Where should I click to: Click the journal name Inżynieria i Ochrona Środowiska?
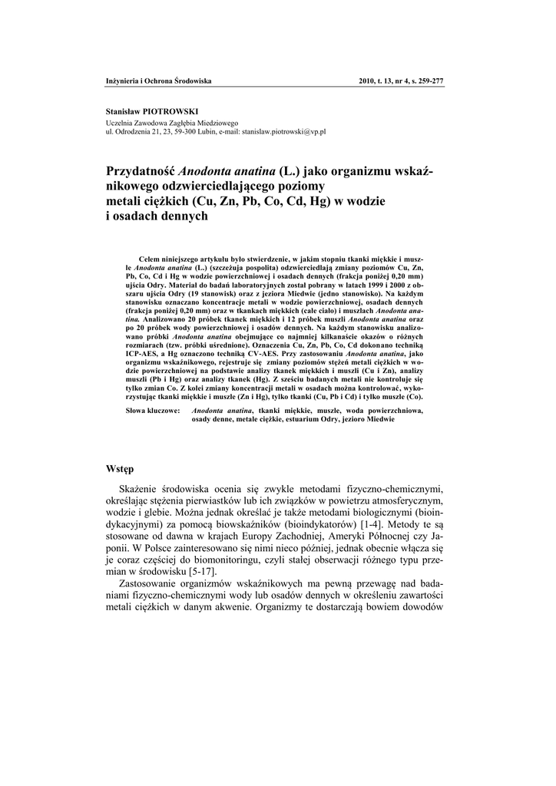pos(158,81)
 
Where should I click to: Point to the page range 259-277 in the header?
pos(427,81)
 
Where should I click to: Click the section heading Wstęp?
pos(120,468)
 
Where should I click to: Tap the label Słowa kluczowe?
pos(153,411)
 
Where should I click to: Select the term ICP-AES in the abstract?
pos(147,354)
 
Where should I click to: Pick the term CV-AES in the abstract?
pos(266,354)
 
